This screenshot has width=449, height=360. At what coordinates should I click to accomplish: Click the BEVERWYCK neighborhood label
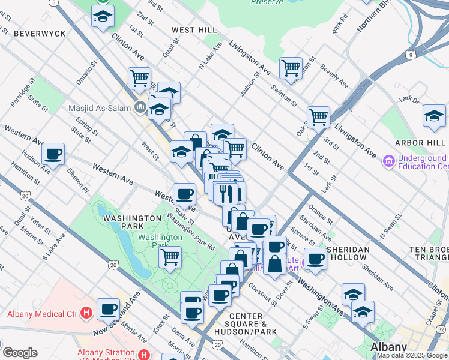point(40,34)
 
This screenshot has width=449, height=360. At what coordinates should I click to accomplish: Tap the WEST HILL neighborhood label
point(194,29)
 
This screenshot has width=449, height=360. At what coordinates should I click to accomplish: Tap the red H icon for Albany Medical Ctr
point(86,313)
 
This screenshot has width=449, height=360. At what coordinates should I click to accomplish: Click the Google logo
point(19,353)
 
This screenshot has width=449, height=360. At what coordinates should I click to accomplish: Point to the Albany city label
point(388,347)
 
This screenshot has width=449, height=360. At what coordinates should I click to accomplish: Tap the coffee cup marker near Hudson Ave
point(53,154)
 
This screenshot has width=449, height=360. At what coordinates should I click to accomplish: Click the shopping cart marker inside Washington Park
point(170,257)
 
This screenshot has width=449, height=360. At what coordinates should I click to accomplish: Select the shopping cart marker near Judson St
point(291,68)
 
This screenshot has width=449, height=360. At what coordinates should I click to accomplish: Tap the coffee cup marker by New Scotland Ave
point(108,309)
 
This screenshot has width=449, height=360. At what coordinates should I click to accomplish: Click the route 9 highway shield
point(411,55)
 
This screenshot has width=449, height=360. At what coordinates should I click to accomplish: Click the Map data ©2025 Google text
point(412,355)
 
